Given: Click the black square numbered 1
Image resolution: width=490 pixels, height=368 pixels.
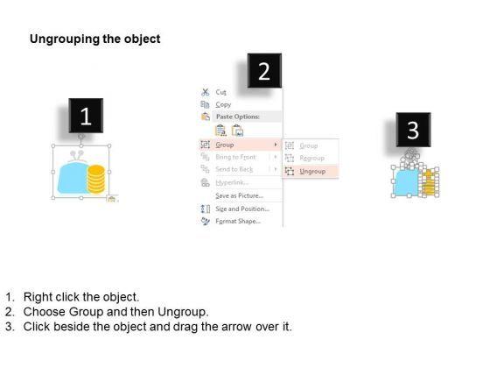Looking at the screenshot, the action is click(x=86, y=116).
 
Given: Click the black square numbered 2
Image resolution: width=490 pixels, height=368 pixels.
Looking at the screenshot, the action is click(x=264, y=71).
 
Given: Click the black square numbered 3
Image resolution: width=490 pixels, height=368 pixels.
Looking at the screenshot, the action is click(x=413, y=130).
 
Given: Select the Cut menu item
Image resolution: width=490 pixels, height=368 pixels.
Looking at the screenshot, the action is click(x=220, y=92).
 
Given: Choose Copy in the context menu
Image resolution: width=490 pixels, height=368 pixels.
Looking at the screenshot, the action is click(x=223, y=104).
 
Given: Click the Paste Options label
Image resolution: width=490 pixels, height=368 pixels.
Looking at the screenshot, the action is click(x=238, y=117).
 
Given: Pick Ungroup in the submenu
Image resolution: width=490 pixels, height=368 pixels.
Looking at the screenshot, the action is click(x=312, y=171).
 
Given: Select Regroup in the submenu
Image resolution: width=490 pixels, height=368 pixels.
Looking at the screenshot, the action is click(x=311, y=158).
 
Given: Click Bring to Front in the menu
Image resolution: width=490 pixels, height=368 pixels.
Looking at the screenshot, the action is click(x=235, y=157).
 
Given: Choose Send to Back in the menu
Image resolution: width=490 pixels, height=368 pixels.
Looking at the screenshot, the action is click(x=234, y=169).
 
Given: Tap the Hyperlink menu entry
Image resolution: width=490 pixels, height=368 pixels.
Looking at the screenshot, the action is click(x=232, y=182).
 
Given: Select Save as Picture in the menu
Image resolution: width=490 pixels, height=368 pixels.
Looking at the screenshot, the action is click(x=240, y=195).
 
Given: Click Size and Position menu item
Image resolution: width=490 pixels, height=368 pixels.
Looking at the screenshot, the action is click(x=242, y=209).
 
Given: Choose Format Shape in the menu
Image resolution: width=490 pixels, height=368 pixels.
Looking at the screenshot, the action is click(x=238, y=221).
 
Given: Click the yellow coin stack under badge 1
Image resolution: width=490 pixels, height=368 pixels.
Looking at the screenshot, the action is click(x=96, y=179).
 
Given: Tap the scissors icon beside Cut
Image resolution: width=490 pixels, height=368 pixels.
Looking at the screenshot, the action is click(x=206, y=92).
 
